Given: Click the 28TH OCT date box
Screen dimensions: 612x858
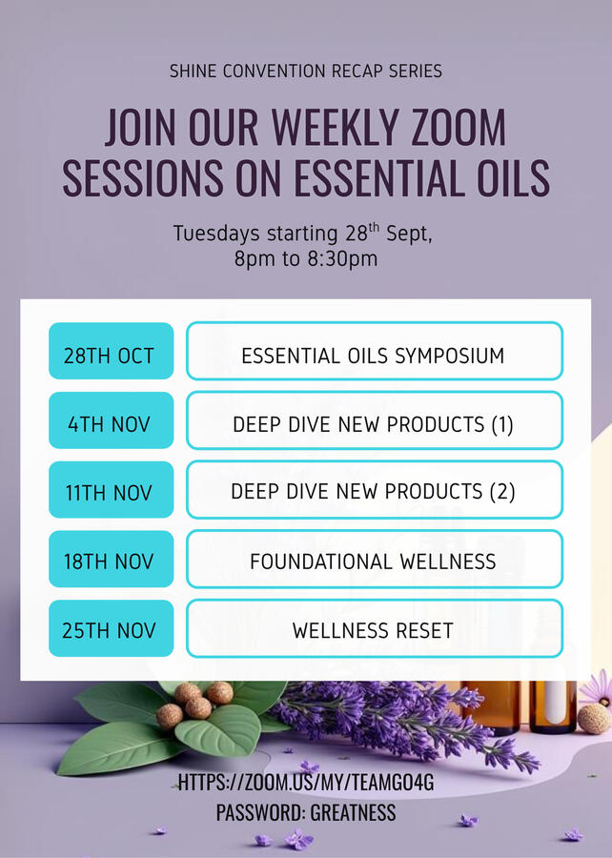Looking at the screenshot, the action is [111, 351].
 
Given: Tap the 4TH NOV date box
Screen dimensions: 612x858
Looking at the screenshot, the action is [111, 420].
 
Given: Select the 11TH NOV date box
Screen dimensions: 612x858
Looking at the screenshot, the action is [111, 490].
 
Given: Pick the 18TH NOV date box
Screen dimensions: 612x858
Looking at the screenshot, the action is [111, 559].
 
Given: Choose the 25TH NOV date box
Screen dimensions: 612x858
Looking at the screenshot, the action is [111, 628].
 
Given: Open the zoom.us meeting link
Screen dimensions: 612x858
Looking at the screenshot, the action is [306, 783].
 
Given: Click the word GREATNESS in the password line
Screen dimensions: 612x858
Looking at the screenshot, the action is [353, 812].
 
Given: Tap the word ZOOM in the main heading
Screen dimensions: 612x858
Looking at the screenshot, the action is [459, 128].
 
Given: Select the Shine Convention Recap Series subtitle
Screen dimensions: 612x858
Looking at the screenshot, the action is [306, 71].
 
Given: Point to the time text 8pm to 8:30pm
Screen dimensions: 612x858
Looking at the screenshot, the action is [306, 258].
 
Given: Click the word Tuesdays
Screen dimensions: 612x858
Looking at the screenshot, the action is [216, 234].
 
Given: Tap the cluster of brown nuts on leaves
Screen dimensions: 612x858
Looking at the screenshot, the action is [194, 705].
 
